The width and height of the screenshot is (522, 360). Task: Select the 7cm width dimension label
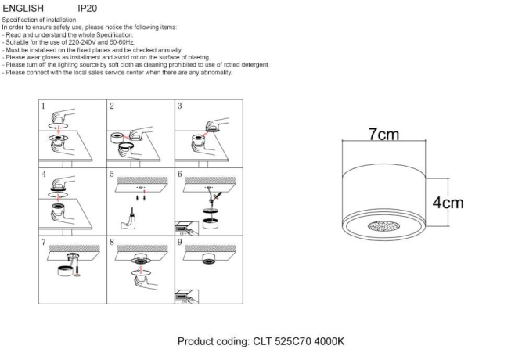[383, 135]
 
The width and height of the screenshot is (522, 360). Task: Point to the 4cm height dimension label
[448, 203]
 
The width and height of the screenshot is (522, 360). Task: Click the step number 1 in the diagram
[44, 106]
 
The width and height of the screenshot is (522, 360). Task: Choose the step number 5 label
[112, 173]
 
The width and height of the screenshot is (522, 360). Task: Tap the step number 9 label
[179, 242]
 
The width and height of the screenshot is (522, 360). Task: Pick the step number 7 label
[44, 242]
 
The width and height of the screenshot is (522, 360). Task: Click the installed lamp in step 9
[208, 261]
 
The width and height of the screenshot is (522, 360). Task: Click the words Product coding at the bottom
[213, 342]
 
